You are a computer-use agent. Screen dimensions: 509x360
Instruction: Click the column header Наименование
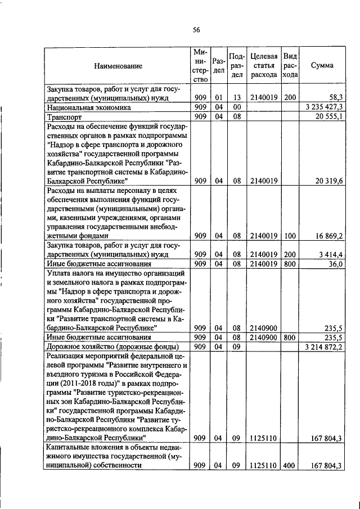(x=118, y=66)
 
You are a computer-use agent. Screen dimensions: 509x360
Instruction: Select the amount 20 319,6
(x=330, y=181)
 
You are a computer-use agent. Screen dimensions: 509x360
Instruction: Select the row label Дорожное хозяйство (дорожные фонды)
(x=112, y=346)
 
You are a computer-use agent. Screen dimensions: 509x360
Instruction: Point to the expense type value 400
(x=290, y=465)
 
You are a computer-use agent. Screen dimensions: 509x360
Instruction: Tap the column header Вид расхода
(x=290, y=65)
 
